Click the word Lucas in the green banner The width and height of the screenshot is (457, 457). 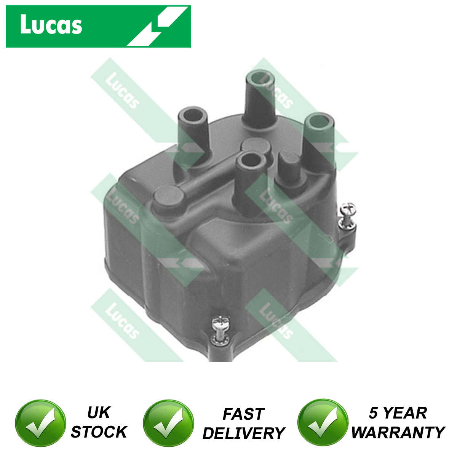(51, 26)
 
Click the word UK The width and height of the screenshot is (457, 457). (99, 413)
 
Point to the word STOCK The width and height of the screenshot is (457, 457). (99, 432)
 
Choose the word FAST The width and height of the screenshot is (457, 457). (243, 414)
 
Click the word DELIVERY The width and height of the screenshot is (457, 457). (243, 433)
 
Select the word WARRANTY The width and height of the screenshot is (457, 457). (398, 432)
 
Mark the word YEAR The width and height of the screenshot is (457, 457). (405, 413)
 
